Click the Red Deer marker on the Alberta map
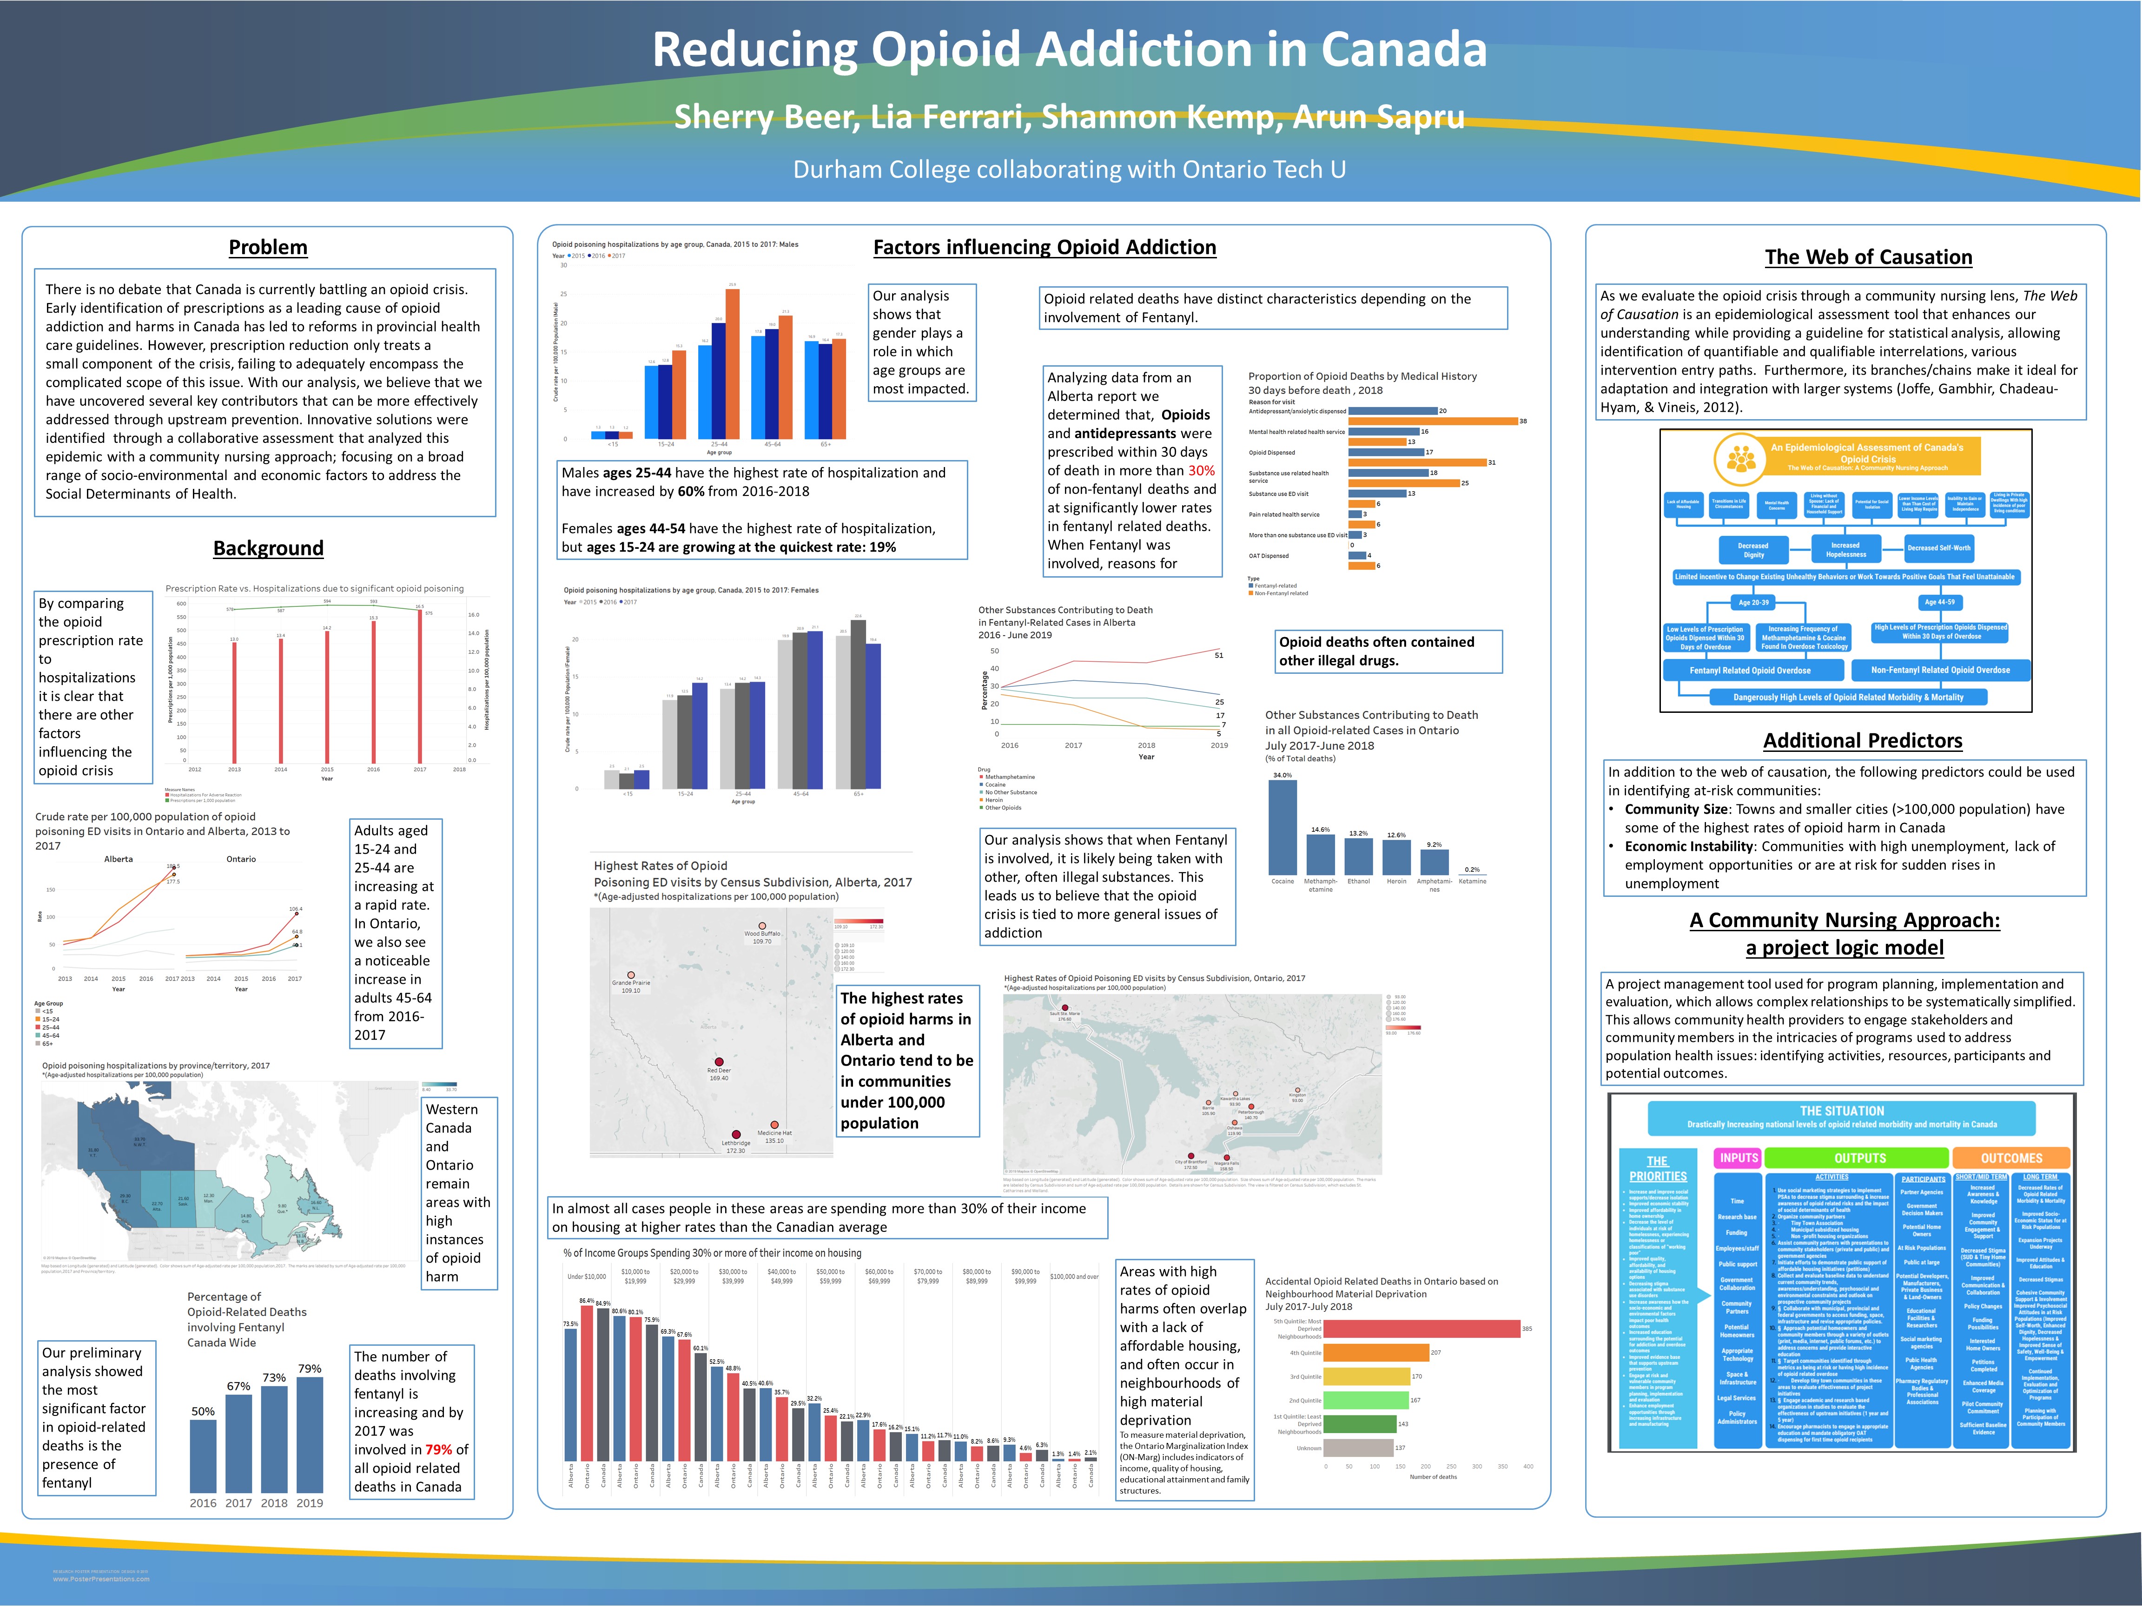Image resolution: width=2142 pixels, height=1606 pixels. click(719, 1062)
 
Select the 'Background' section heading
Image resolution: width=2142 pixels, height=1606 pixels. click(268, 548)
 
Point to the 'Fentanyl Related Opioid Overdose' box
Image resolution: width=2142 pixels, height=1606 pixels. click(1750, 670)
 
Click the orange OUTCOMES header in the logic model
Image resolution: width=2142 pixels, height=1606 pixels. click(2011, 1158)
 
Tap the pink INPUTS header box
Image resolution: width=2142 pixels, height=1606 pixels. click(1738, 1158)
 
